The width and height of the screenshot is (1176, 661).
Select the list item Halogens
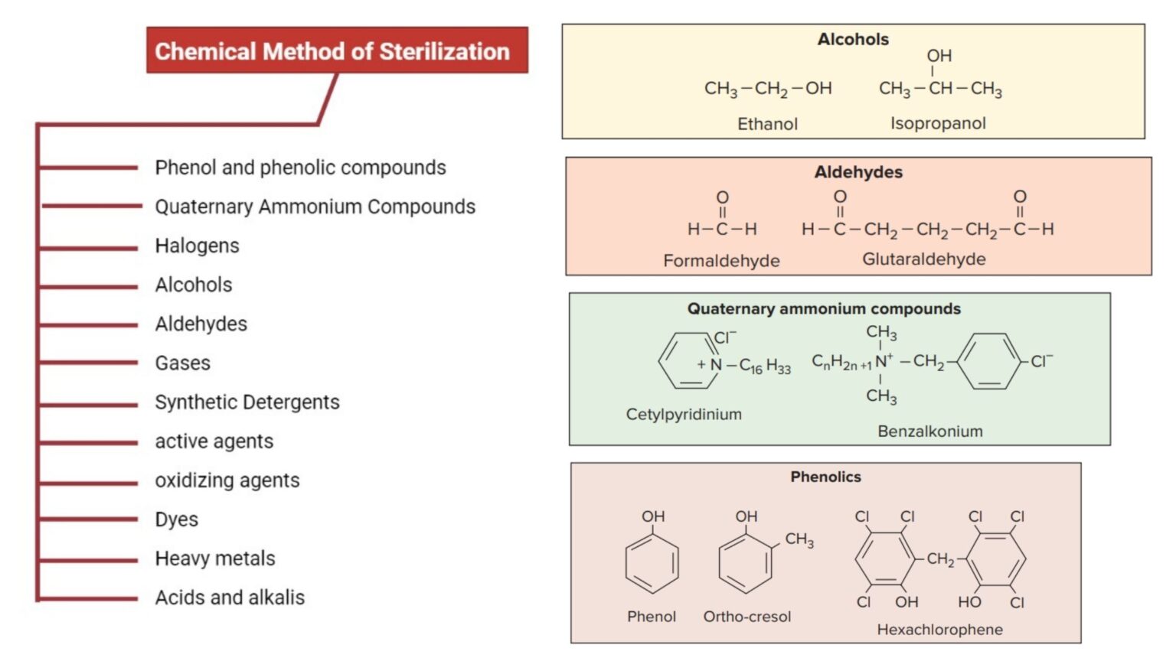coord(197,246)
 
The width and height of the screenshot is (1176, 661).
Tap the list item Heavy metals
coord(214,558)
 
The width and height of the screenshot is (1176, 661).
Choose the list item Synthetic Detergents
coord(247,402)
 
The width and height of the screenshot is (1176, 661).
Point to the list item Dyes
coord(176,519)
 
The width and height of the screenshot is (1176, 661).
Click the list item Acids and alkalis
coord(230,598)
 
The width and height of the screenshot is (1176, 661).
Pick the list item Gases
coord(182,363)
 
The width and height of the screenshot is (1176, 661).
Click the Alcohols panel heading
coord(853,39)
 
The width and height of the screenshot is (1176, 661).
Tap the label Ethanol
coord(767,124)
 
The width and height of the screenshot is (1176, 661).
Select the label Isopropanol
coord(938,123)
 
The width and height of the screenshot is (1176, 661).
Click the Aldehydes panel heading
coord(858,172)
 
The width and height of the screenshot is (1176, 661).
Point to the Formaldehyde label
coord(721,261)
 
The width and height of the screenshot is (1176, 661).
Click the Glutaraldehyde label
coord(924,259)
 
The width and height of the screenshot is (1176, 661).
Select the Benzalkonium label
coord(930,431)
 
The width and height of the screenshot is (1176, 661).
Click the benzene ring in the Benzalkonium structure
coord(990,361)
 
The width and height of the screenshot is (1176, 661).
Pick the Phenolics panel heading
coord(825,477)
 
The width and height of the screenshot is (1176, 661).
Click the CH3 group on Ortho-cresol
coord(799,540)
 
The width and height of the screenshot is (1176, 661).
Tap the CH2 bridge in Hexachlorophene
coord(940,559)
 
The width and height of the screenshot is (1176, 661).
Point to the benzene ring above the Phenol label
coord(652,564)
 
